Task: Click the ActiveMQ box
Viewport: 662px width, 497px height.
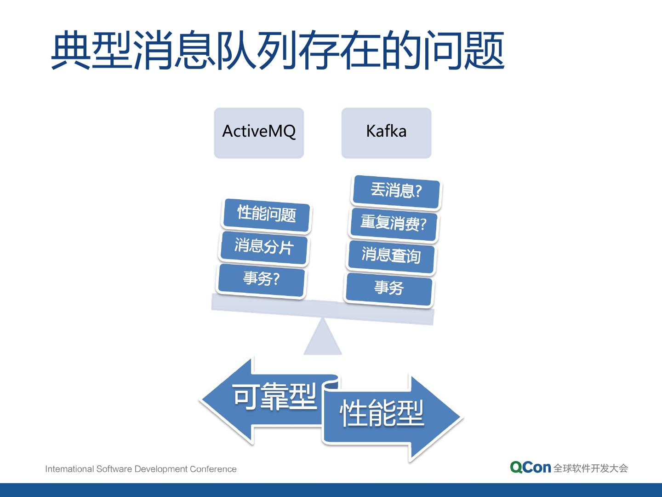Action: pyautogui.click(x=259, y=133)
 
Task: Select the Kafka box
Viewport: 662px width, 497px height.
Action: pyautogui.click(x=386, y=133)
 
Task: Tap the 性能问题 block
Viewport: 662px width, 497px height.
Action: pyautogui.click(x=266, y=214)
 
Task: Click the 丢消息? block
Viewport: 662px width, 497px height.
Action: pyautogui.click(x=395, y=190)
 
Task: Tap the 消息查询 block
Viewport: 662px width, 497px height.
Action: pyautogui.click(x=391, y=255)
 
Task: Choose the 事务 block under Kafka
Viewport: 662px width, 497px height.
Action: pyautogui.click(x=389, y=288)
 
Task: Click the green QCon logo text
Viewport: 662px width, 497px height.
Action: pyautogui.click(x=530, y=468)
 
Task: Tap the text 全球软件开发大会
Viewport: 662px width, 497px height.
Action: pyautogui.click(x=590, y=468)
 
